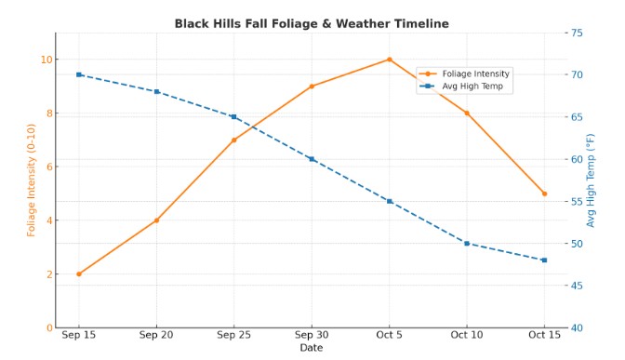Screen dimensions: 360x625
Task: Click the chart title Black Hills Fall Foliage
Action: [x=312, y=23]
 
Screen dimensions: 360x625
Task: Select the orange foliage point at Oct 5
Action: [x=390, y=60]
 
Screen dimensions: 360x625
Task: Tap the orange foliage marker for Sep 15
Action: [x=79, y=273]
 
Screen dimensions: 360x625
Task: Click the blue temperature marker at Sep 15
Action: [x=79, y=74]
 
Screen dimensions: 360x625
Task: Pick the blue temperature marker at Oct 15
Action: [x=544, y=260]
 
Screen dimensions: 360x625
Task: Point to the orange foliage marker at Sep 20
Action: [x=156, y=220]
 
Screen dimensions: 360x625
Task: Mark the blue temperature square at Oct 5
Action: [x=390, y=201]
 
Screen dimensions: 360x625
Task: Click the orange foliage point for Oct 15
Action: [x=544, y=193]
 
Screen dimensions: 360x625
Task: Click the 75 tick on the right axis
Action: [x=577, y=33]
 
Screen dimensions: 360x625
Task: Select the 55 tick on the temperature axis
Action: [x=577, y=201]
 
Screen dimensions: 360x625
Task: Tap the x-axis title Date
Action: [x=312, y=348]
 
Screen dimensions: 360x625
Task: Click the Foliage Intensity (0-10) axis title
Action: [x=32, y=180]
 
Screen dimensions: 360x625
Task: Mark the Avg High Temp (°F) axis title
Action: [x=591, y=180]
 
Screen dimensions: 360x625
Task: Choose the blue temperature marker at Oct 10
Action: [x=466, y=243]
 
